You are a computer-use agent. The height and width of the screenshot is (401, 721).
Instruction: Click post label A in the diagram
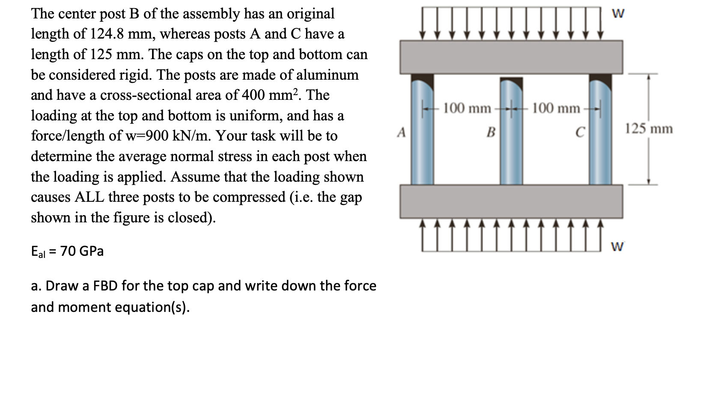click(x=401, y=133)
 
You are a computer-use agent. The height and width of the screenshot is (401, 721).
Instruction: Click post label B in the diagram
click(x=491, y=133)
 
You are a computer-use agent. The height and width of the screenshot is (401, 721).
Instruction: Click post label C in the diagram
click(x=580, y=133)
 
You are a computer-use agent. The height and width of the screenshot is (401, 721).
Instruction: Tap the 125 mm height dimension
click(x=649, y=129)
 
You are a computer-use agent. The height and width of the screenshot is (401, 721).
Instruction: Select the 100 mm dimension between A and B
click(x=467, y=108)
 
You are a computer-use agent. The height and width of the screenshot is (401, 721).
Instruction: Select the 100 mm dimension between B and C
click(x=556, y=108)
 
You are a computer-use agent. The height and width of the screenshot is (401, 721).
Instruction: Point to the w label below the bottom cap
click(x=617, y=247)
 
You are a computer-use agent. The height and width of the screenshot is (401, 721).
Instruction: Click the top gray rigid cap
click(x=511, y=57)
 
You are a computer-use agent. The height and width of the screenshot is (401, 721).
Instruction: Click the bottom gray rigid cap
click(x=511, y=201)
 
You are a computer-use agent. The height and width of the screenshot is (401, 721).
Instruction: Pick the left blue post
click(x=423, y=133)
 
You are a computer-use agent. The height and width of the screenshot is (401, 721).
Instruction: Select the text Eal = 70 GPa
click(x=67, y=251)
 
